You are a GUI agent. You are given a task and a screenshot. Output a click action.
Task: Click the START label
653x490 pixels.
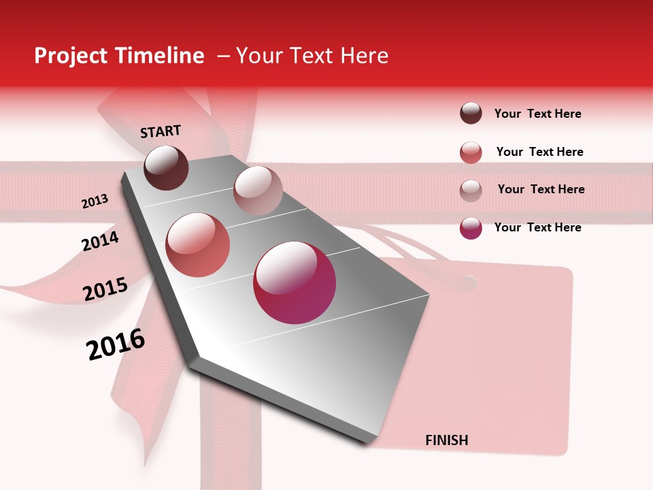[161, 131]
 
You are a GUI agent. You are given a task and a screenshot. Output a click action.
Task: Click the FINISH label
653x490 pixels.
[447, 440]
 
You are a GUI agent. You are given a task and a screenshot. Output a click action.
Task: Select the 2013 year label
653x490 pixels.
[95, 201]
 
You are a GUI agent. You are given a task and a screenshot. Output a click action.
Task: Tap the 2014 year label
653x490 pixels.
[101, 241]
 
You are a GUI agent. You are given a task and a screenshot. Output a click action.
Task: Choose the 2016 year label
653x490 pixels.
[116, 344]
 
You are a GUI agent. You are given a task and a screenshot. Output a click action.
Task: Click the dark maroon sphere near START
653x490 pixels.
[167, 167]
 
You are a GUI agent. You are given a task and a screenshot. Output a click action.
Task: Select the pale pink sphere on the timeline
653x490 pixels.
[258, 191]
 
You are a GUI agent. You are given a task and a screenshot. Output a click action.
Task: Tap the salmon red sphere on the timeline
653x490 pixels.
[198, 245]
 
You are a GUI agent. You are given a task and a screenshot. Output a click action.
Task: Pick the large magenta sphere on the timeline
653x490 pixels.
[295, 283]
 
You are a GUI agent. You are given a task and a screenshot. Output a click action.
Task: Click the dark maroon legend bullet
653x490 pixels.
[471, 114]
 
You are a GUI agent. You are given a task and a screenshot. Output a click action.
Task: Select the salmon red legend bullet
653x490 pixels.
[471, 152]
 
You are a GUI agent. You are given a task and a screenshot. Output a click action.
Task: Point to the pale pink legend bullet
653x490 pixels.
[471, 190]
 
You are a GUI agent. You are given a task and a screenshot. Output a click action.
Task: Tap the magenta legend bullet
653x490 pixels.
[471, 227]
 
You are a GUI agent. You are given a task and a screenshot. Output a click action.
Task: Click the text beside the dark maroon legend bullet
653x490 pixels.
[537, 114]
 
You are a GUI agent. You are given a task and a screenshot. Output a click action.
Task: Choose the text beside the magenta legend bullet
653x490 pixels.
[537, 227]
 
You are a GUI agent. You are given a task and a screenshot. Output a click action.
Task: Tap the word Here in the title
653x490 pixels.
[364, 56]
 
